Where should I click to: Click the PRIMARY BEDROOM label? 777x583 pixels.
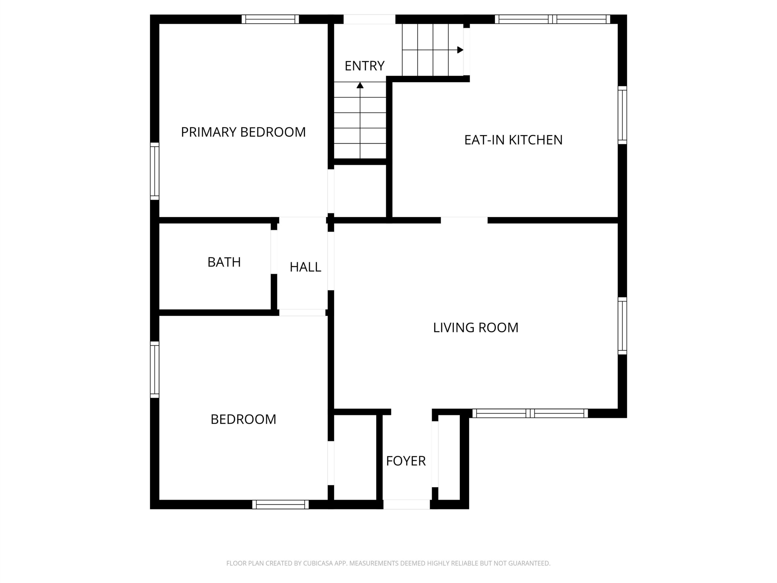(x=243, y=132)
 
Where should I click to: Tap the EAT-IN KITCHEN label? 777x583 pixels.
(x=513, y=140)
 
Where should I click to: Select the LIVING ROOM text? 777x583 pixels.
(x=476, y=328)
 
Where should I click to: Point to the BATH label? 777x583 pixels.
(x=224, y=262)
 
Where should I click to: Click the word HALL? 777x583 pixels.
(x=305, y=267)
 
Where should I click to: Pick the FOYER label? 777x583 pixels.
(x=406, y=461)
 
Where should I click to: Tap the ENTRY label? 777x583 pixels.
(x=364, y=66)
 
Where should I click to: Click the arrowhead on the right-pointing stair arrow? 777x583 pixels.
(x=460, y=50)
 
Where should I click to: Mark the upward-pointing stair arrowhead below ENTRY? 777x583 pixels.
(x=360, y=85)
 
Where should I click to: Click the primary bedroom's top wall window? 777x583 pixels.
(x=270, y=19)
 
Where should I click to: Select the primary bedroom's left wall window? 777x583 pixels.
(x=154, y=171)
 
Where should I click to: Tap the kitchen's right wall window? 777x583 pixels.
(x=622, y=115)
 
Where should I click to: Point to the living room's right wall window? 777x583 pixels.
(x=622, y=326)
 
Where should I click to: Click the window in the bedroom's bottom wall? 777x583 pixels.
(x=280, y=504)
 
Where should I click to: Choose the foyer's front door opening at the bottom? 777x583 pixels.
(x=406, y=504)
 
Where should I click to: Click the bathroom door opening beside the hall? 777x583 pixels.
(x=274, y=252)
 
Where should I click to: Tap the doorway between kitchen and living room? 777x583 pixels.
(x=464, y=220)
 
